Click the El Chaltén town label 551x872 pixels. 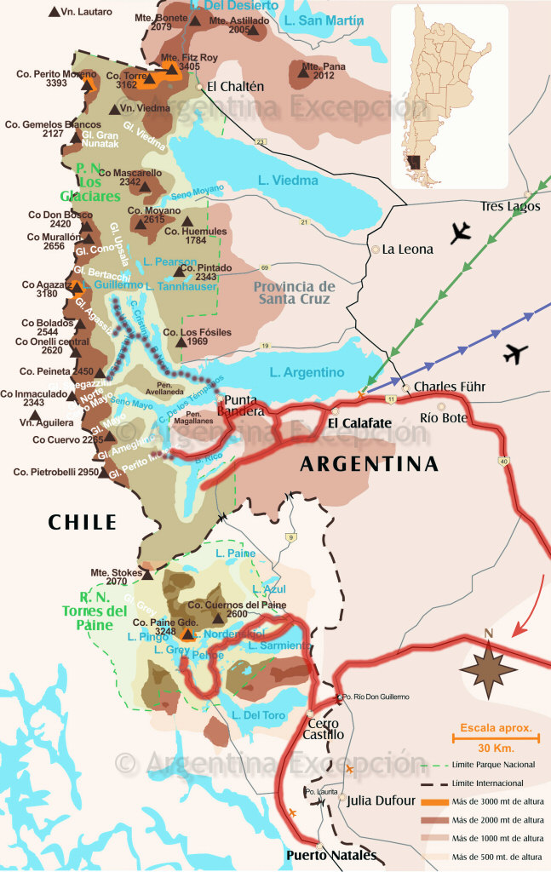pyautogui.click(x=236, y=86)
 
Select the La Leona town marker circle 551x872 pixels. pyautogui.click(x=376, y=250)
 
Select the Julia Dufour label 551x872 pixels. pyautogui.click(x=381, y=800)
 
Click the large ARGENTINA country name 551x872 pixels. pyautogui.click(x=369, y=464)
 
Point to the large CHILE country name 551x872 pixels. pyautogui.click(x=82, y=522)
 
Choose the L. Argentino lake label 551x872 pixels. pyautogui.click(x=307, y=372)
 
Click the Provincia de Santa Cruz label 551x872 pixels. pyautogui.click(x=294, y=294)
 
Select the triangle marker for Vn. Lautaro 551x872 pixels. pyautogui.click(x=55, y=12)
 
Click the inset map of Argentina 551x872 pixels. pyautogui.click(x=449, y=95)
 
